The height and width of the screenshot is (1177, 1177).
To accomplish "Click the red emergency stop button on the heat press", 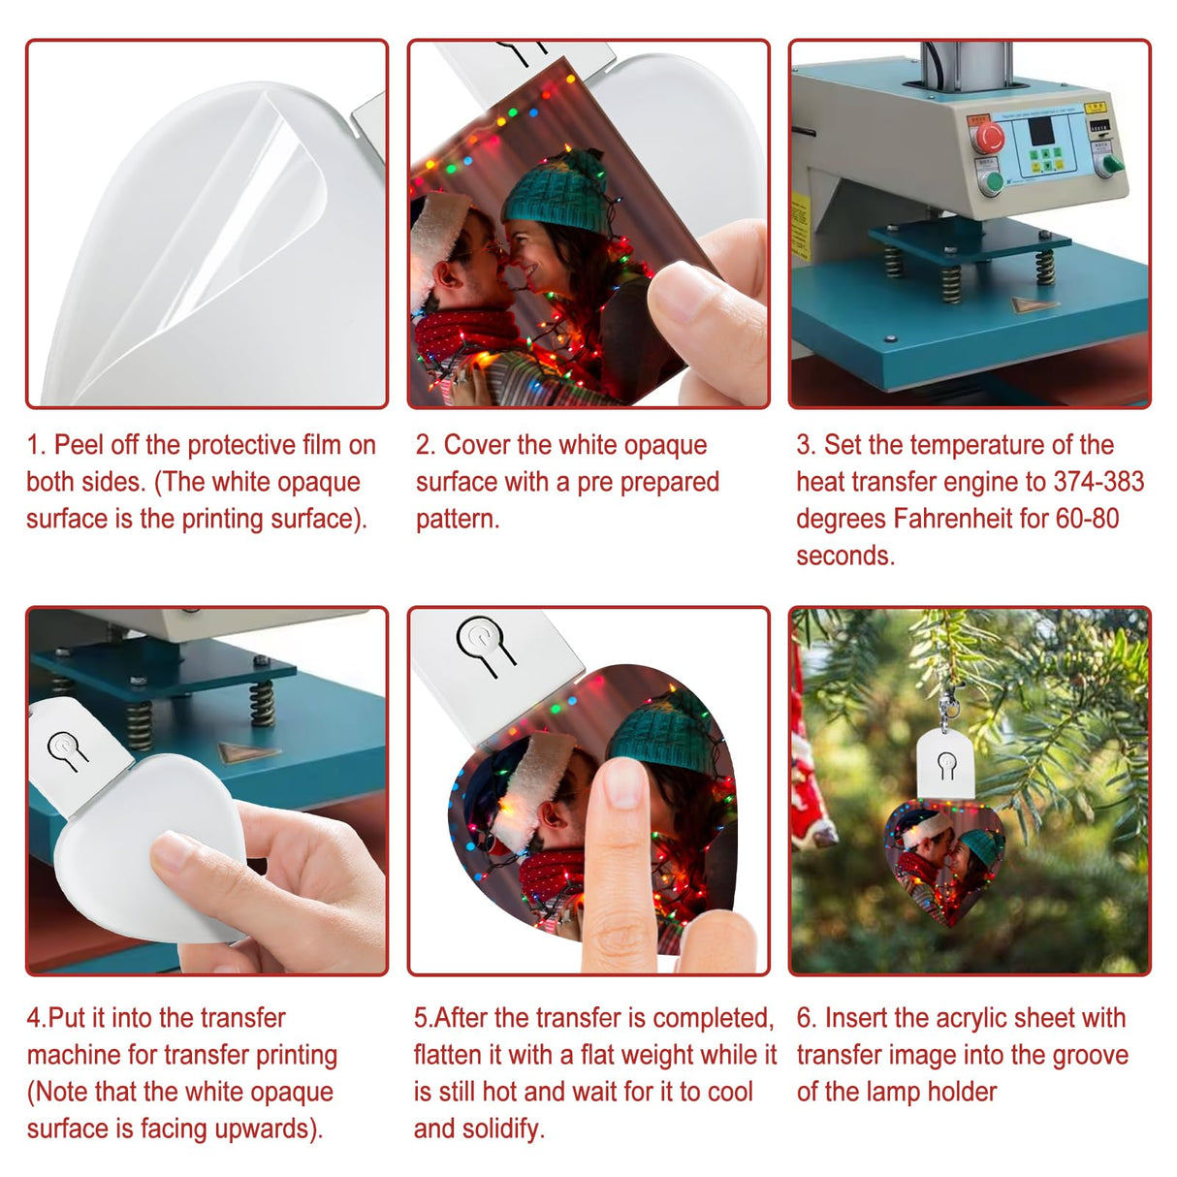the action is coord(987,138).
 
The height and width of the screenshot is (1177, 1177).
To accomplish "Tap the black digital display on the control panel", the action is coord(1040,131).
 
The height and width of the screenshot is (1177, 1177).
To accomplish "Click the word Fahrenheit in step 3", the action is coord(952,519).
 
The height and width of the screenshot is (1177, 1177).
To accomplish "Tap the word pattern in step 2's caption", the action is coord(457,519).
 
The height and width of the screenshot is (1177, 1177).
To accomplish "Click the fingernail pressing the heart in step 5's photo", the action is coord(623,782).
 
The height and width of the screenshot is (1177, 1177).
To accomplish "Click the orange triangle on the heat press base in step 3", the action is coord(1033,304).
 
